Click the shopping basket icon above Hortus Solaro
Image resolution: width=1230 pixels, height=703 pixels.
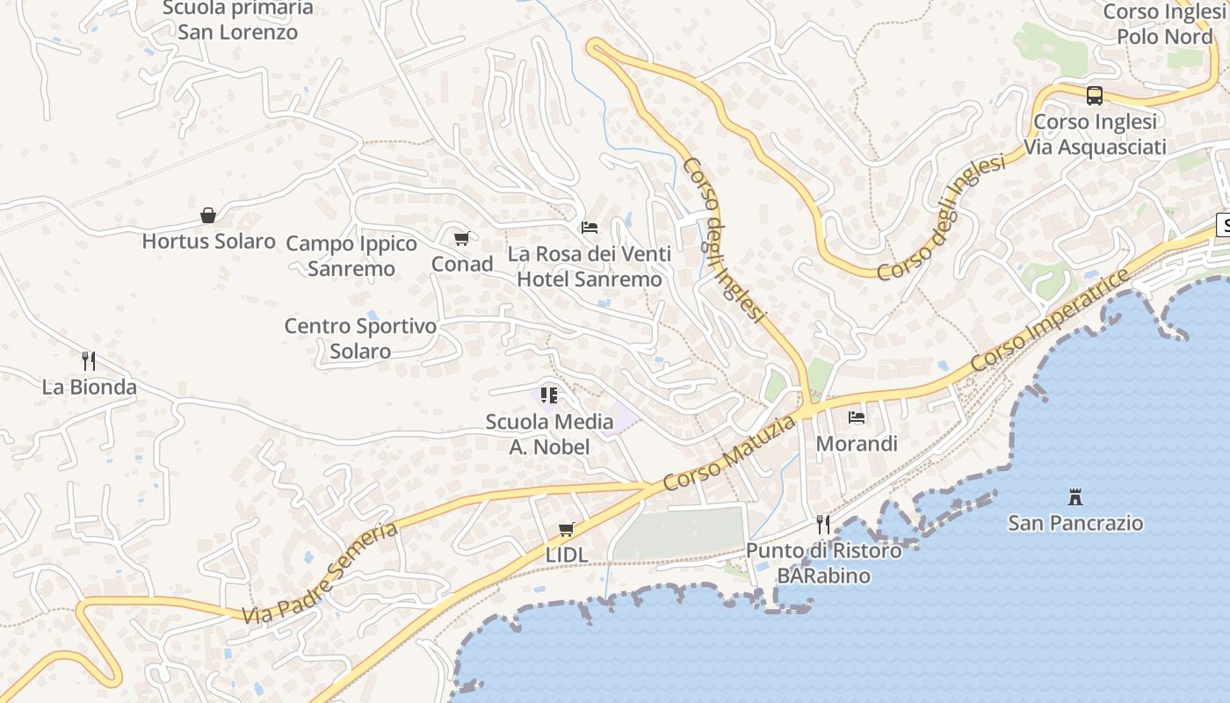tap(208, 215)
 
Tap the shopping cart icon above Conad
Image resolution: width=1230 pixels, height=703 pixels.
tap(461, 238)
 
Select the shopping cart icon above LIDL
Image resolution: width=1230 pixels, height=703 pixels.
tap(567, 529)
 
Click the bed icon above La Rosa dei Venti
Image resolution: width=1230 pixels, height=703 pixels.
tap(590, 228)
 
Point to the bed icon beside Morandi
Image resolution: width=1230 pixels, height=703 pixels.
tap(857, 417)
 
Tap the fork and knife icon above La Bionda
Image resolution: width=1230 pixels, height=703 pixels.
tap(89, 360)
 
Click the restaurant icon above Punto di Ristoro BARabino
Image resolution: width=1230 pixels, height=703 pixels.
tap(823, 525)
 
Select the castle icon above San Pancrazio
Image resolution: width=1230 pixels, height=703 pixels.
tap(1074, 496)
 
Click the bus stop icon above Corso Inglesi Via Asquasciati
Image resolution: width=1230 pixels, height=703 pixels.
tap(1095, 95)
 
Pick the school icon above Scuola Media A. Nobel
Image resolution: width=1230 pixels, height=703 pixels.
tap(549, 395)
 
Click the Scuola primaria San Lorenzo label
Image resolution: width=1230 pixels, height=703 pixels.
tap(238, 20)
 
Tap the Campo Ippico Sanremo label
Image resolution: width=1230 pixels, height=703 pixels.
tap(351, 256)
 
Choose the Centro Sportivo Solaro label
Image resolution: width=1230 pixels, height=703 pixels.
tap(360, 338)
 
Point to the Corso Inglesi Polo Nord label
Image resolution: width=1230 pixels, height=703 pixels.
tap(1164, 24)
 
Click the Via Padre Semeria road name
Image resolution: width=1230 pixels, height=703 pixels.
tap(322, 572)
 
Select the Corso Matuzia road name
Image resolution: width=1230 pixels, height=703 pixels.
tap(729, 453)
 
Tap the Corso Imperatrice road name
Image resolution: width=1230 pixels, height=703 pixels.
tap(1051, 321)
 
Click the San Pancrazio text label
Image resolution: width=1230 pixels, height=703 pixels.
tap(1075, 524)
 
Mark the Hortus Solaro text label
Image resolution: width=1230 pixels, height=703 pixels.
tap(209, 241)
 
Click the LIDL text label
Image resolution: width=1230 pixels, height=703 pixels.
tap(567, 554)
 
